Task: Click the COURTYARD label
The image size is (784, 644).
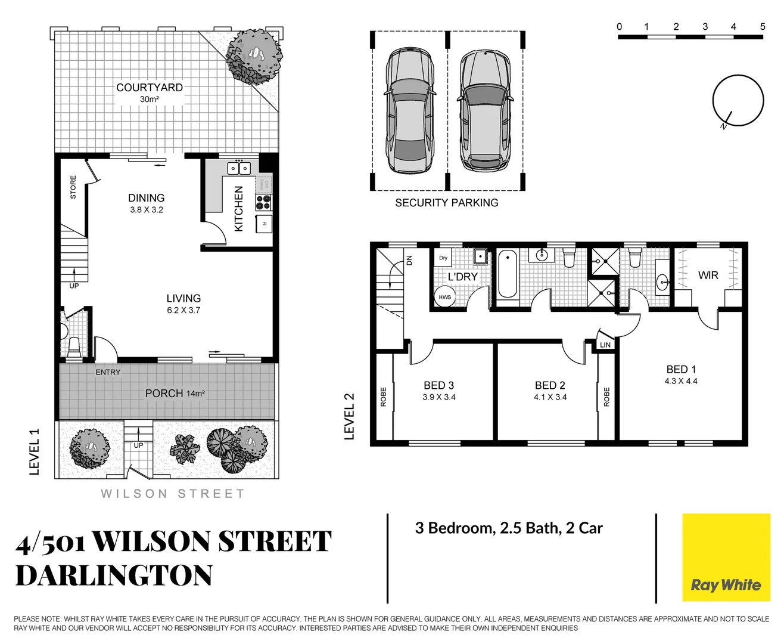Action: click(x=149, y=88)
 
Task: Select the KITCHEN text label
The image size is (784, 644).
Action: click(x=239, y=209)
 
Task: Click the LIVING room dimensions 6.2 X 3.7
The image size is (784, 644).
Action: click(x=183, y=311)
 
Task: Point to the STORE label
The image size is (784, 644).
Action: click(x=73, y=187)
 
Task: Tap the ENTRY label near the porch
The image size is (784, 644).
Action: click(x=108, y=372)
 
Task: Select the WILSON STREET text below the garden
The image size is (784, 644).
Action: click(x=173, y=494)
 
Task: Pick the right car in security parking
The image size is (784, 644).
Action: click(x=485, y=111)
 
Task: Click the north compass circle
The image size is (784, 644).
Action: click(x=738, y=100)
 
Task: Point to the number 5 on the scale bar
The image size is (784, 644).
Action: click(x=763, y=27)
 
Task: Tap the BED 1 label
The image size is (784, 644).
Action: click(x=681, y=370)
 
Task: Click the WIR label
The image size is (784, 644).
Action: click(x=708, y=275)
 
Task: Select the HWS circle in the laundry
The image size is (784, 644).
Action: click(x=445, y=297)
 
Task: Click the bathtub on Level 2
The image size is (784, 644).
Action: click(x=507, y=274)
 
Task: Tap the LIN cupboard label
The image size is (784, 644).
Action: click(x=605, y=345)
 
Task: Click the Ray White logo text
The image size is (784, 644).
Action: click(x=726, y=585)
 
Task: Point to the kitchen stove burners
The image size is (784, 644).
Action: click(x=263, y=202)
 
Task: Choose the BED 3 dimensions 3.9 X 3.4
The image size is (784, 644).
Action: click(x=439, y=397)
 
